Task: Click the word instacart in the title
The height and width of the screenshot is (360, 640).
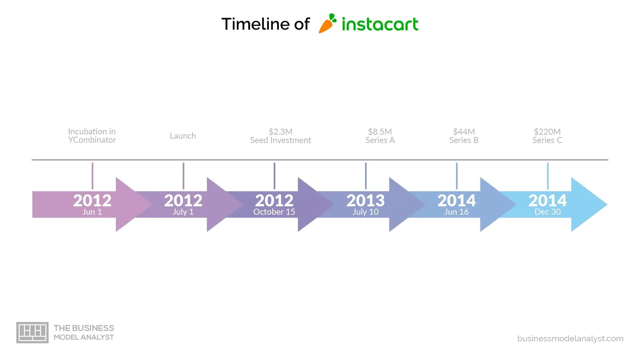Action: tap(380, 24)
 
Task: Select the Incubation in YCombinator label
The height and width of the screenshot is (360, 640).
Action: tap(92, 136)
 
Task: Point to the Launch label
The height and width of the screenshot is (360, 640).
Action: tap(183, 136)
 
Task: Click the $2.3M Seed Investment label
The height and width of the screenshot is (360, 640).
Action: tap(280, 136)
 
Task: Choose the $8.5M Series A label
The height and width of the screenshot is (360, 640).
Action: tap(380, 136)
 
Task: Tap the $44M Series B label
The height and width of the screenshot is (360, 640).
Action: tap(464, 136)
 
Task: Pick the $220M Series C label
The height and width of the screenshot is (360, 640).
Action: tap(547, 136)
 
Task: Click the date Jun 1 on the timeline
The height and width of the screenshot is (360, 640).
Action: tap(92, 212)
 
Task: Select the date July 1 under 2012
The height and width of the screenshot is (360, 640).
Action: tap(183, 212)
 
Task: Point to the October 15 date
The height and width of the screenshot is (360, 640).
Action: tap(274, 212)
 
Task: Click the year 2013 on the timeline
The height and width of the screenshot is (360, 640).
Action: tap(365, 200)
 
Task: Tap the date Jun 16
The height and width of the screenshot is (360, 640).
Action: tap(456, 212)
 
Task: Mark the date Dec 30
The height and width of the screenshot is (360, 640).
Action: tap(547, 212)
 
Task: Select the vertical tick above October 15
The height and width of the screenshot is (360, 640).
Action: tap(274, 176)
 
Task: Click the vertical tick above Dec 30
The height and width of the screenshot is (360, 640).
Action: tap(548, 176)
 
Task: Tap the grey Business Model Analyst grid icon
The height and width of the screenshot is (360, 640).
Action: tap(32, 332)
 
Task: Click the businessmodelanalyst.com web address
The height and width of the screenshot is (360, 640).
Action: tap(570, 339)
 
